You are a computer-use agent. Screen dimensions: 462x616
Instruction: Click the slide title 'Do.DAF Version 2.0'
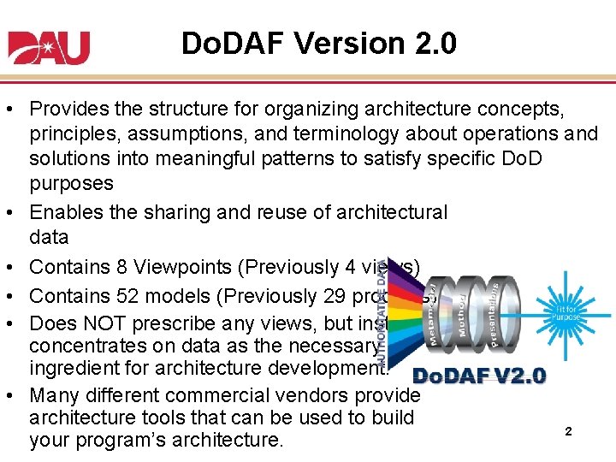pos(318,43)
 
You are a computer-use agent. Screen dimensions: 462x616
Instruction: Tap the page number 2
pos(568,432)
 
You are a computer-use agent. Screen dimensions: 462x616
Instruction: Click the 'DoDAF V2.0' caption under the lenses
pos(479,376)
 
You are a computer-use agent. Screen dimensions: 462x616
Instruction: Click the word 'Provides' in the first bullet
pos(63,110)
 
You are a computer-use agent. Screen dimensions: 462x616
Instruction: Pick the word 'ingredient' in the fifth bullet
pos(68,368)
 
